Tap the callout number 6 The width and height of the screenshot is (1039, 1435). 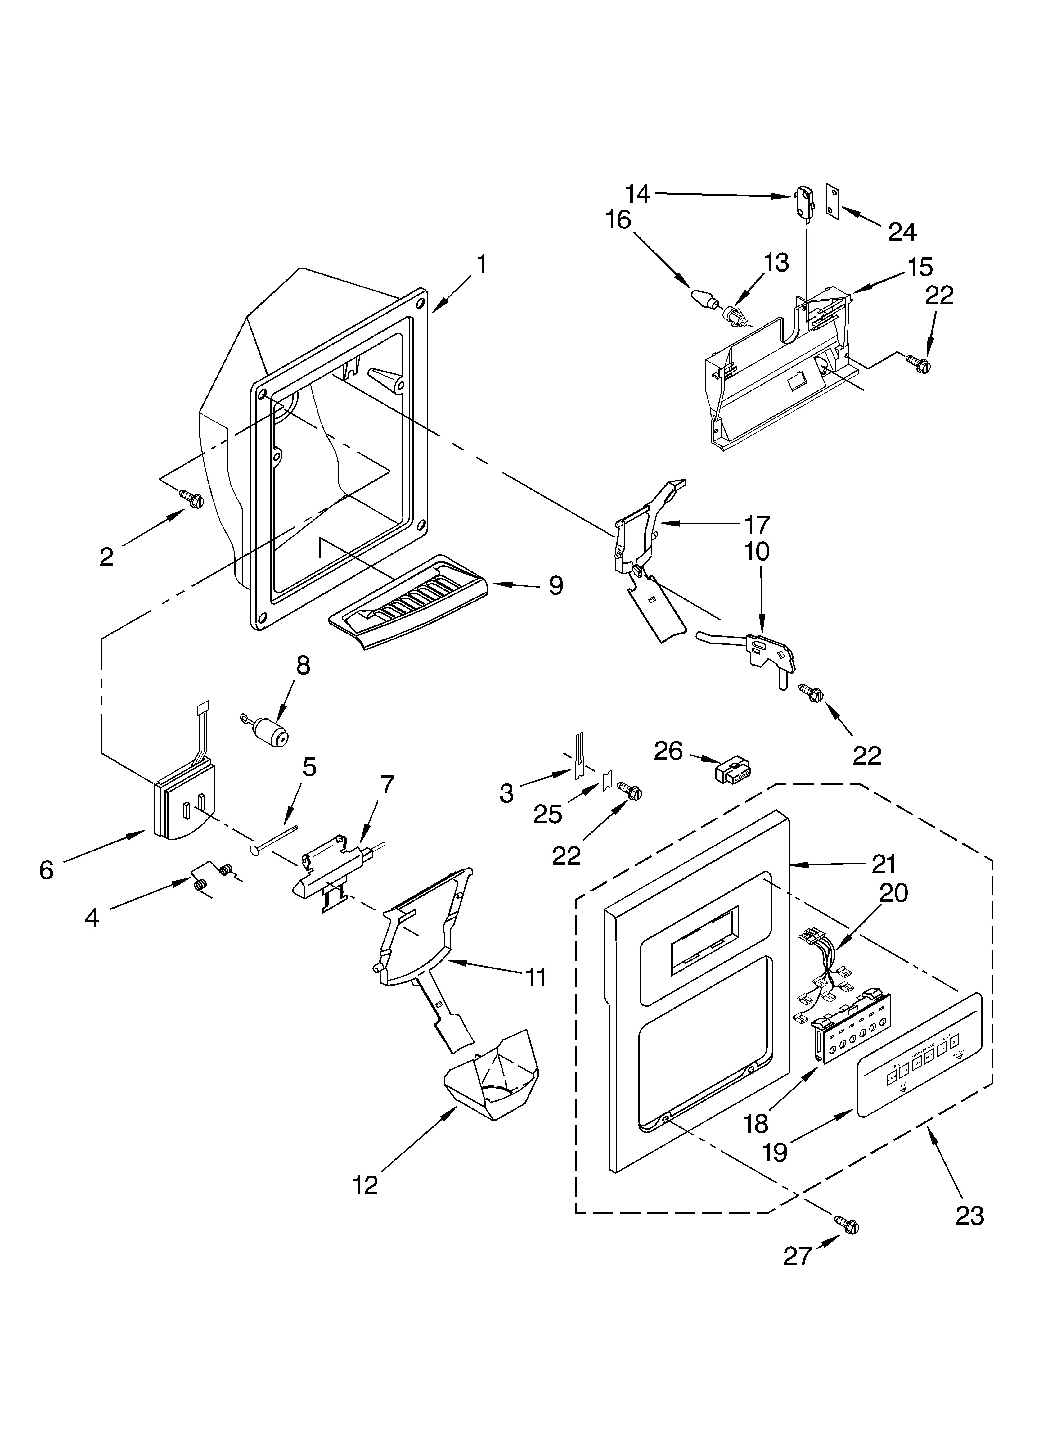pyautogui.click(x=46, y=871)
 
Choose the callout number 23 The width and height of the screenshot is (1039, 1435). pyautogui.click(x=969, y=1216)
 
